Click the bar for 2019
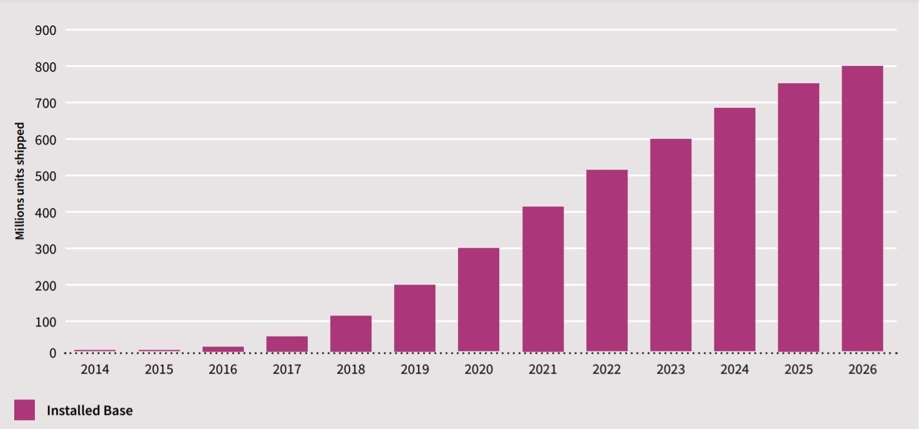[415, 318]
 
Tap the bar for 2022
[606, 261]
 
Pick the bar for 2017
[287, 344]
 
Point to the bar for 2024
[734, 230]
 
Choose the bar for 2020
[479, 299]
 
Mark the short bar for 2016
[223, 349]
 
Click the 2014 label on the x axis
[95, 370]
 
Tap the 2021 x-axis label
[542, 370]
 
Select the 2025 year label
[798, 370]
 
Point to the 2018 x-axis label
[351, 370]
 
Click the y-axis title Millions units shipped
[21, 181]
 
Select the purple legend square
[25, 410]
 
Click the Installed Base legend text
[90, 410]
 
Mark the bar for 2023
[670, 245]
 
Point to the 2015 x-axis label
[159, 370]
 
